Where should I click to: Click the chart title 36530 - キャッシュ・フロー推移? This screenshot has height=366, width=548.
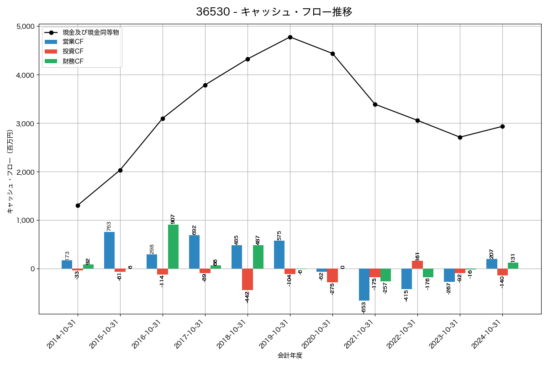click(x=274, y=12)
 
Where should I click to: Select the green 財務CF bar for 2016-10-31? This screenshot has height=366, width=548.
click(x=173, y=247)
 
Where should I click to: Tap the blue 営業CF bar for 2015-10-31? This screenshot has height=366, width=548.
click(x=110, y=250)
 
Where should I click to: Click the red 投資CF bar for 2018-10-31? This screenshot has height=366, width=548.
click(x=248, y=279)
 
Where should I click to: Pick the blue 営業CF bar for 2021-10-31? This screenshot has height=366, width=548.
click(x=364, y=284)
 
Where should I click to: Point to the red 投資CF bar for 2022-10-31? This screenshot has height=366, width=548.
click(x=417, y=264)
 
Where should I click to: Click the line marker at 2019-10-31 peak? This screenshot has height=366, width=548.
click(x=290, y=37)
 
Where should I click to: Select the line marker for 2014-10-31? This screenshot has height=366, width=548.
click(x=78, y=205)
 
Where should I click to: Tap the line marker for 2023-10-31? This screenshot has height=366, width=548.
click(x=460, y=137)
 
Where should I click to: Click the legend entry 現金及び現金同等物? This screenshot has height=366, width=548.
click(x=90, y=32)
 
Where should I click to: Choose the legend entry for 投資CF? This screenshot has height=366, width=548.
click(x=73, y=51)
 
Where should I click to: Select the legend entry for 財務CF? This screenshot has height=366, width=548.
click(x=73, y=61)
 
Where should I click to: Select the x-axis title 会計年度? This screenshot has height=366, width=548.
click(x=290, y=355)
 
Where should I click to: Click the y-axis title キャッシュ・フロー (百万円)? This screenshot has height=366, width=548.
click(x=10, y=172)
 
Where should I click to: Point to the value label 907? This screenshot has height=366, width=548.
click(x=173, y=219)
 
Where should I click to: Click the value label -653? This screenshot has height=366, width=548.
click(x=364, y=307)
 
